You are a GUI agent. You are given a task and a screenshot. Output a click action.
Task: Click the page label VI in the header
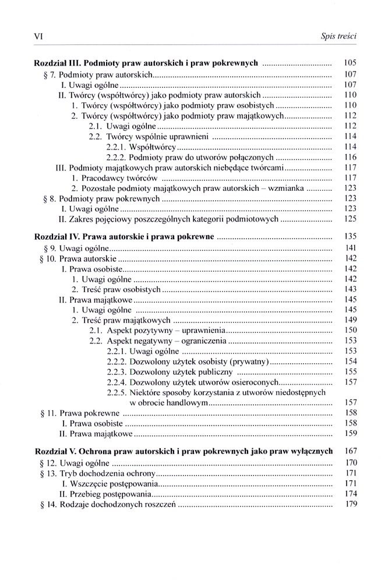tap(39, 37)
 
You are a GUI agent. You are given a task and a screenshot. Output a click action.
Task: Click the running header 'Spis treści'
tap(338, 37)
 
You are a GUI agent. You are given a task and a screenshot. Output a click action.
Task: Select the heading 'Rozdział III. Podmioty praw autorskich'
tap(146, 63)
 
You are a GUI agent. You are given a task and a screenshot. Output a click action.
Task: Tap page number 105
tap(350, 63)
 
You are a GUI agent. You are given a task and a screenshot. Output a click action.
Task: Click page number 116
tap(350, 158)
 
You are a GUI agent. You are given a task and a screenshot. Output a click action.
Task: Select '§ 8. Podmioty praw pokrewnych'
tap(101, 199)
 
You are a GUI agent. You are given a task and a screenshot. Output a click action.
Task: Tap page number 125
tap(350, 219)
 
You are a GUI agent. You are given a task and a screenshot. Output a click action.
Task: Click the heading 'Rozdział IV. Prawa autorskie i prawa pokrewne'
tap(125, 237)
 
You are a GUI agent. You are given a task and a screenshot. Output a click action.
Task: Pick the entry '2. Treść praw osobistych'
tap(116, 289)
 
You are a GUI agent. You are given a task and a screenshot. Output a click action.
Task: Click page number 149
tap(350, 320)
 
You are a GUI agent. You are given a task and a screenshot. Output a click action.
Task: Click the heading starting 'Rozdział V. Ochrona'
tap(184, 451)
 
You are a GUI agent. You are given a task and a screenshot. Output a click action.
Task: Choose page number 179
tap(350, 504)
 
